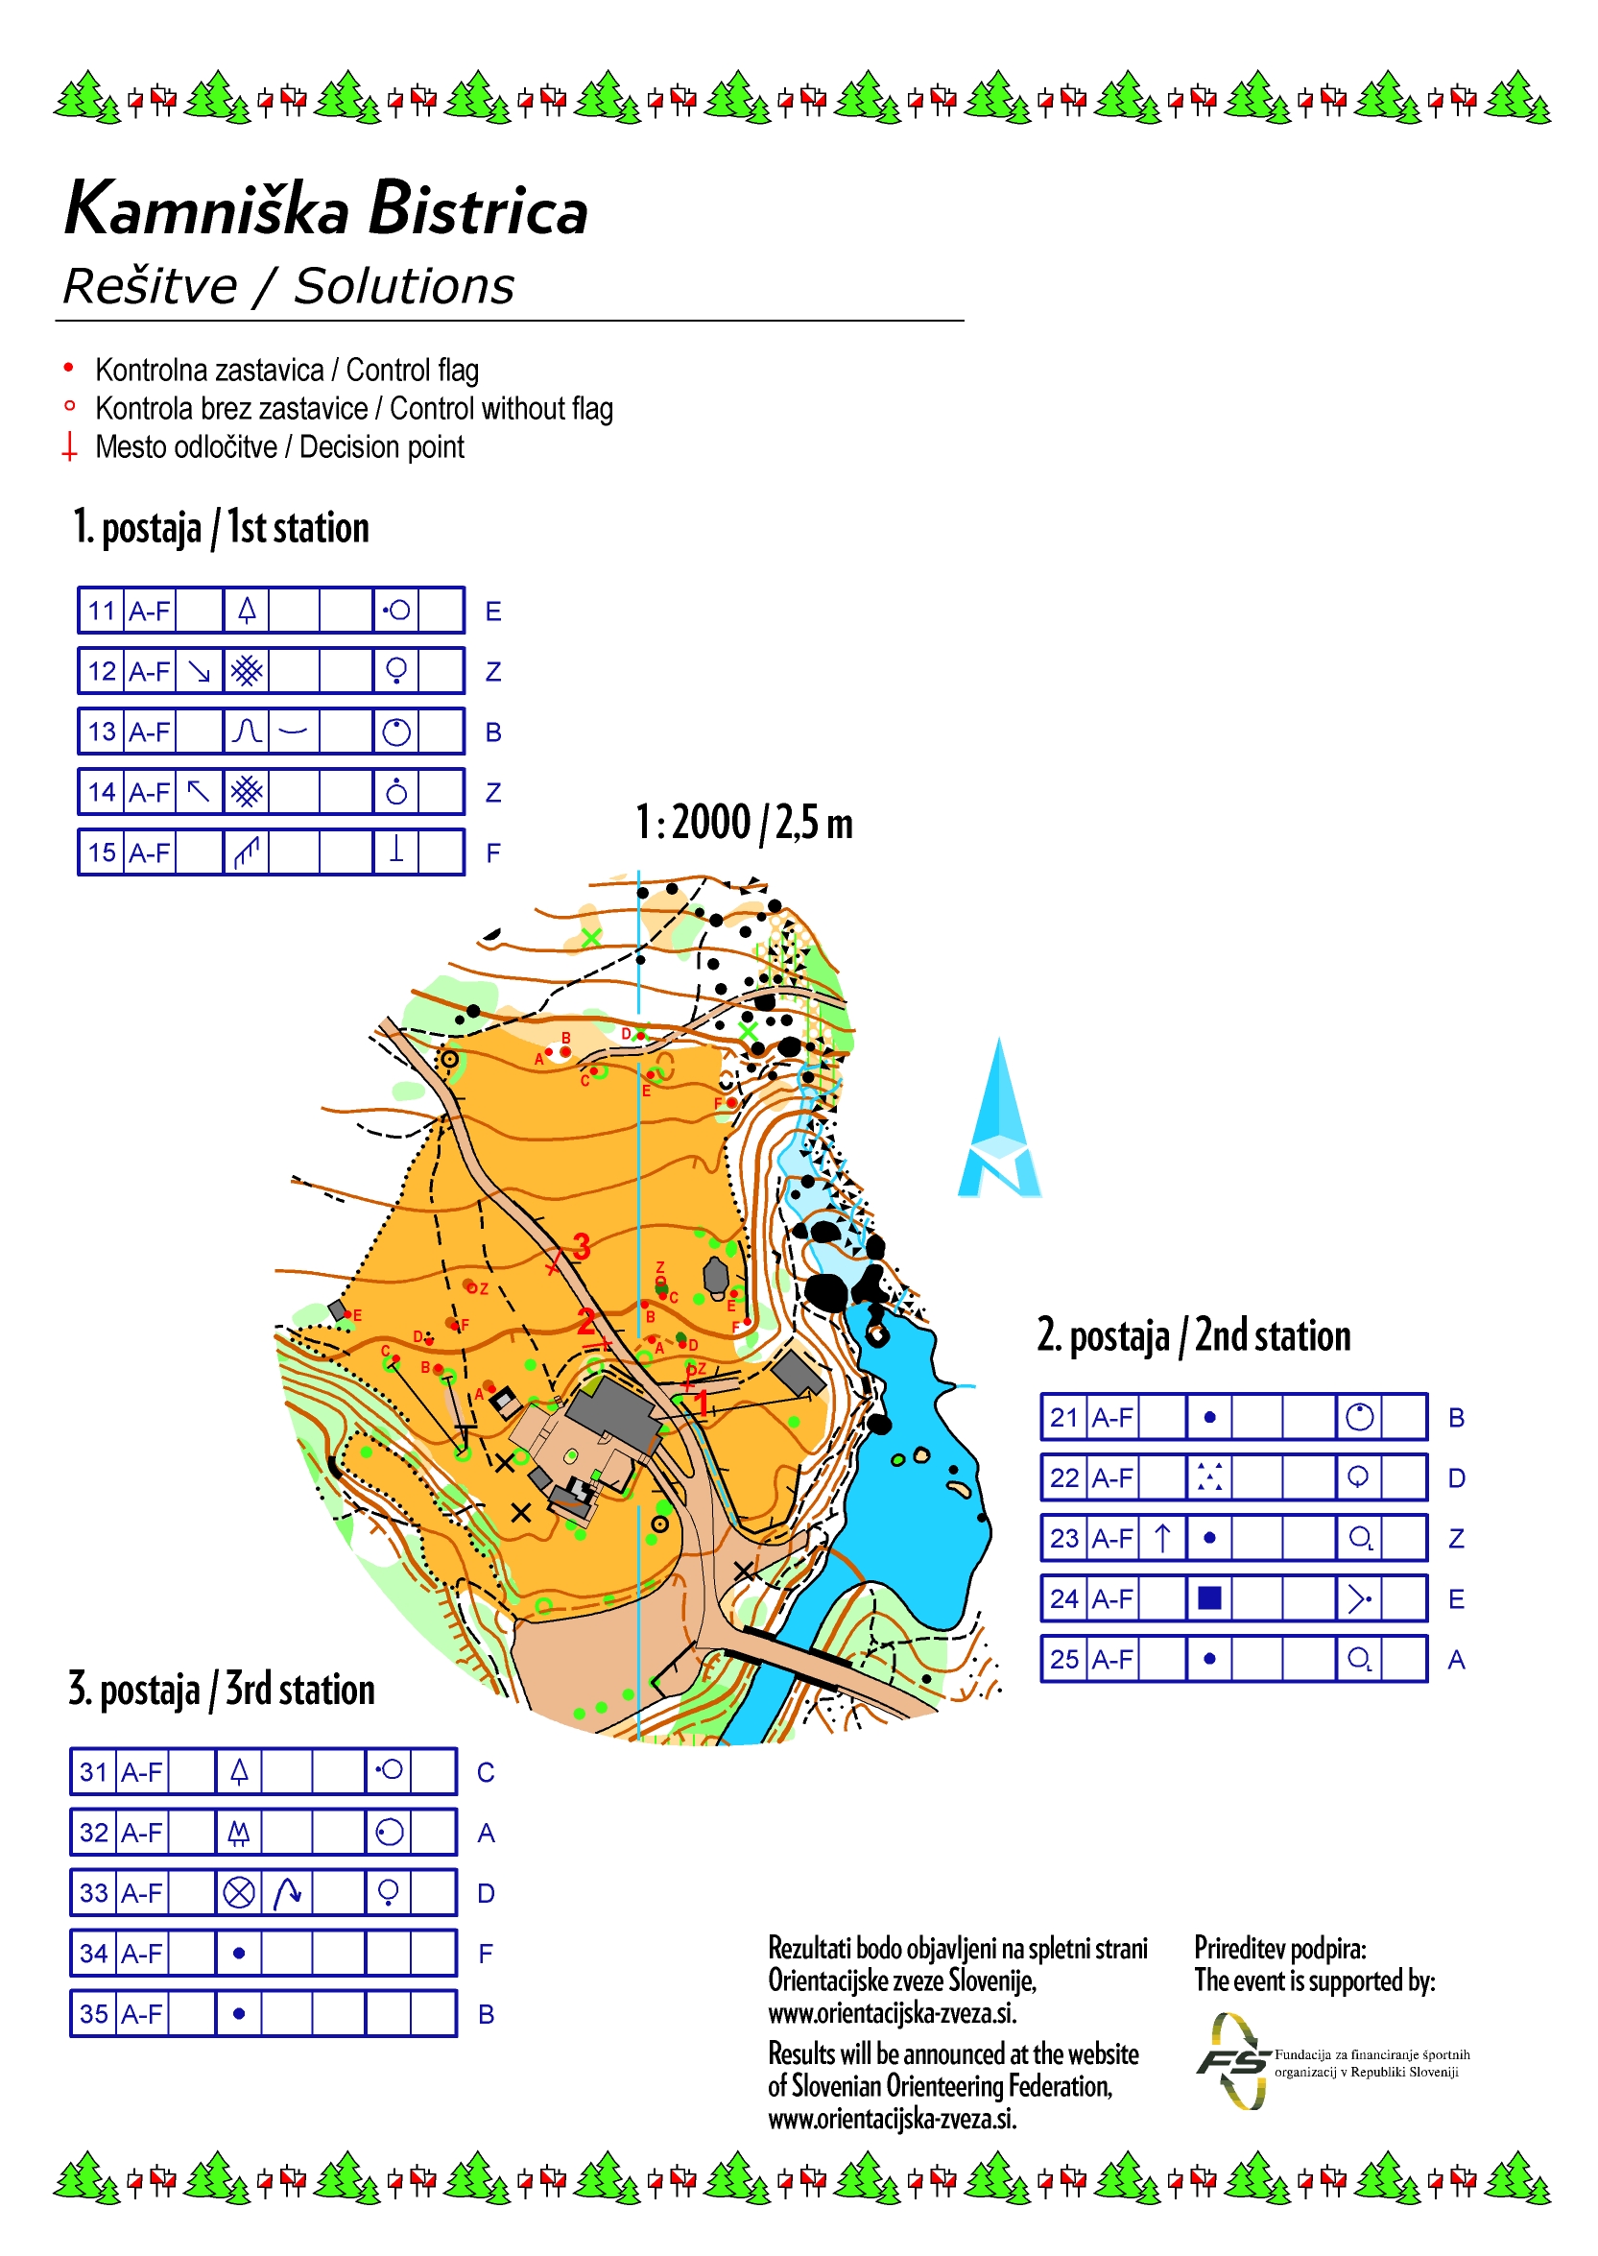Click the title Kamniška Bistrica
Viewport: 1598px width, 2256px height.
(x=325, y=209)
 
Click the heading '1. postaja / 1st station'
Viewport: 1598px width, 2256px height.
(x=221, y=529)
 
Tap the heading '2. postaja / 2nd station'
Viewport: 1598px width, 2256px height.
(x=1194, y=1335)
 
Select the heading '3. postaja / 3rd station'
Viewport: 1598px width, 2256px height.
(x=222, y=1689)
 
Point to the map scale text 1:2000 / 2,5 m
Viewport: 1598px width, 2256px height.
(x=744, y=823)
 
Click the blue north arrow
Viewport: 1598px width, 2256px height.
(x=999, y=1122)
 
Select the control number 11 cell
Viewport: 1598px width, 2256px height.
(x=102, y=612)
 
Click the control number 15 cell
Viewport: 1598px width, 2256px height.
(x=102, y=852)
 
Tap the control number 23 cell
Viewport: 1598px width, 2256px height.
(x=1063, y=1539)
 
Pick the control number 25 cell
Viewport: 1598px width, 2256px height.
(x=1063, y=1660)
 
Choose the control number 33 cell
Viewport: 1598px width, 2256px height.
(x=93, y=1893)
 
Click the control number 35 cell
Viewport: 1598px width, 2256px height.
(x=93, y=2014)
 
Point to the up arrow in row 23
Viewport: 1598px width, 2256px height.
(x=1162, y=1539)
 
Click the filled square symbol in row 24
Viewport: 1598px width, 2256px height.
(x=1209, y=1598)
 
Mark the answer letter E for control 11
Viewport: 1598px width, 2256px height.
(x=493, y=612)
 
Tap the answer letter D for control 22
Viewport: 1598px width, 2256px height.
(x=1456, y=1478)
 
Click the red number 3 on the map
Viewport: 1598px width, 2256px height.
(x=582, y=1247)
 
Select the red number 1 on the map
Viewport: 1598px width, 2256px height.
(x=702, y=1402)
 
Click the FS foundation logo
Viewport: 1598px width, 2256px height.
(x=1233, y=2060)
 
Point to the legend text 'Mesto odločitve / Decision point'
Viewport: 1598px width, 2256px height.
(x=279, y=446)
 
